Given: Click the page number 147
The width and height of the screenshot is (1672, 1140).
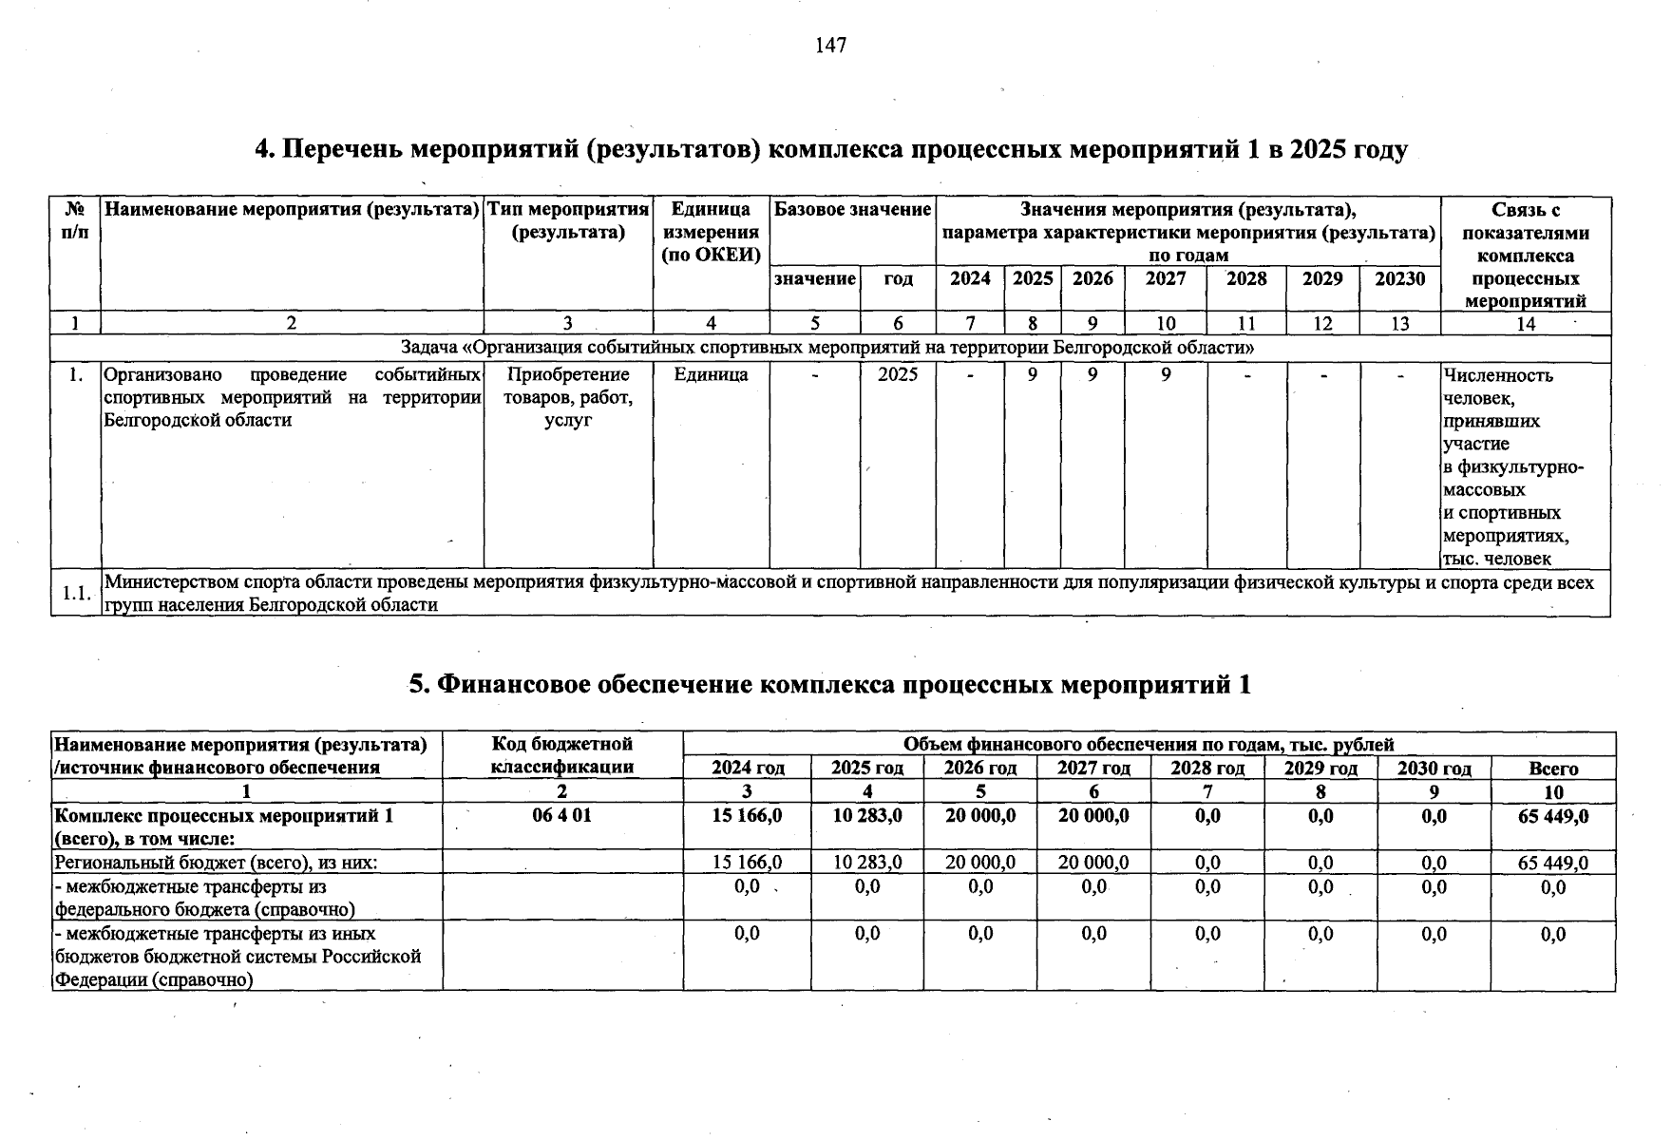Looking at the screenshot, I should [x=830, y=46].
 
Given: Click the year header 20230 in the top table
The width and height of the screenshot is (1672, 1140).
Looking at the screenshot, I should [x=1399, y=278].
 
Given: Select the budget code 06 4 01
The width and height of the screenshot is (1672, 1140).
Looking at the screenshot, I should [x=561, y=816].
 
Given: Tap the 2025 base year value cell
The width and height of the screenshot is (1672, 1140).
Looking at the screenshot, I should [x=898, y=374].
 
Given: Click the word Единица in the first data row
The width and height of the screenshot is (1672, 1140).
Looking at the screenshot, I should [x=711, y=374].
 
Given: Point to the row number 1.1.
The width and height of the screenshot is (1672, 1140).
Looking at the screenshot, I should [x=76, y=594].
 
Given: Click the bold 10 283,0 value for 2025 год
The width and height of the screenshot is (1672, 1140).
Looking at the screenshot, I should [x=866, y=816].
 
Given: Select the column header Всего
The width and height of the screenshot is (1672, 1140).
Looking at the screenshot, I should [x=1553, y=769].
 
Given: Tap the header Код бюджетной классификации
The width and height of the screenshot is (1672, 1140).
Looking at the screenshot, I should [x=561, y=755].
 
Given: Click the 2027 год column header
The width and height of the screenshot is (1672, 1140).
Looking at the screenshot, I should [x=1093, y=769].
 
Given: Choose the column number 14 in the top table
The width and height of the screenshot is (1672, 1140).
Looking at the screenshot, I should [x=1525, y=324].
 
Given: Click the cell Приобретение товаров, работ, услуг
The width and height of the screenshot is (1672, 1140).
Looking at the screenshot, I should [x=568, y=397].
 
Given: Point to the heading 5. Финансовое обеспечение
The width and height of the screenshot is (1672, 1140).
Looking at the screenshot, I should [x=829, y=685].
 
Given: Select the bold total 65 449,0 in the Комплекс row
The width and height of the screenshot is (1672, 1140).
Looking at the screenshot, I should [x=1553, y=816].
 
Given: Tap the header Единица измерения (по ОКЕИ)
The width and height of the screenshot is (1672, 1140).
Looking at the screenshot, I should [x=711, y=232].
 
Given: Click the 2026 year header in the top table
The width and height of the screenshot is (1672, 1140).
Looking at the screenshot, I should [x=1092, y=278].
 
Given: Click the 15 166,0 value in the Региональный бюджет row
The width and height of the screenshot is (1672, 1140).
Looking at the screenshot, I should [x=747, y=863].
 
